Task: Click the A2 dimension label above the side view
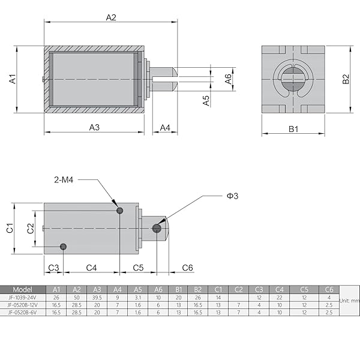(x=111, y=17)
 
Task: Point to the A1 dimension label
(x=13, y=79)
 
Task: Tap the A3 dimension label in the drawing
(x=94, y=127)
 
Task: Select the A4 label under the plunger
(x=165, y=127)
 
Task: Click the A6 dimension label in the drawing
(x=229, y=78)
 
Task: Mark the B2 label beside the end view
(x=345, y=79)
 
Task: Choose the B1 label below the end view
(x=293, y=128)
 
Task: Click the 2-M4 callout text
(x=64, y=179)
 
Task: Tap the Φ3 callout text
(x=232, y=196)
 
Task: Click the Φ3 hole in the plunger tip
(x=157, y=228)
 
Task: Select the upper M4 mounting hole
(x=120, y=210)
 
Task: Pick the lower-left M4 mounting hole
(x=64, y=247)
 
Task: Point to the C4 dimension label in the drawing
(x=92, y=268)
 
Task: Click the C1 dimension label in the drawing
(x=10, y=228)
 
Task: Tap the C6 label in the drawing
(x=187, y=268)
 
